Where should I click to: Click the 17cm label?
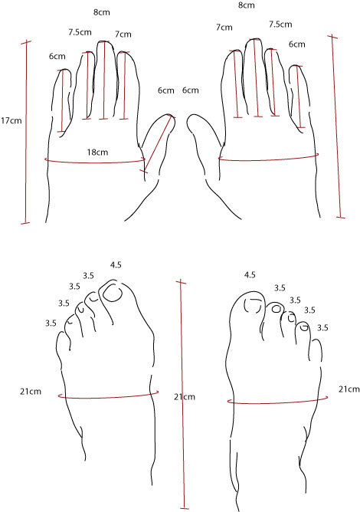[x=11, y=120]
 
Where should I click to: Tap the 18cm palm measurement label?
[x=97, y=153]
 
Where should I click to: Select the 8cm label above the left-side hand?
[x=102, y=12]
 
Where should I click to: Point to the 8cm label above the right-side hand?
[x=246, y=5]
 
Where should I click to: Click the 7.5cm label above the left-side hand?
[x=80, y=32]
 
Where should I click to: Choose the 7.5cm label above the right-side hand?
[x=280, y=25]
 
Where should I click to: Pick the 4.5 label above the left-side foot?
[x=116, y=265]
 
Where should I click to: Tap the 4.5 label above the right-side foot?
[x=250, y=275]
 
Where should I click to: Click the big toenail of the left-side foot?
[x=113, y=293]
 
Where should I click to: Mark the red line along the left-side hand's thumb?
[x=158, y=143]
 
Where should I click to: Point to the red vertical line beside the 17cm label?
[x=26, y=133]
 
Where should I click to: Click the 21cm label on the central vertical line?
[x=185, y=397]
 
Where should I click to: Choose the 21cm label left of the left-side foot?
[x=31, y=391]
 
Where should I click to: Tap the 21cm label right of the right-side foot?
[x=349, y=389]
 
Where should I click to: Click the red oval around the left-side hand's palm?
[x=95, y=162]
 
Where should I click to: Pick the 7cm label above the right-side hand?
[x=224, y=28]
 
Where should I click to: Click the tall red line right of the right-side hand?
[x=336, y=126]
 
